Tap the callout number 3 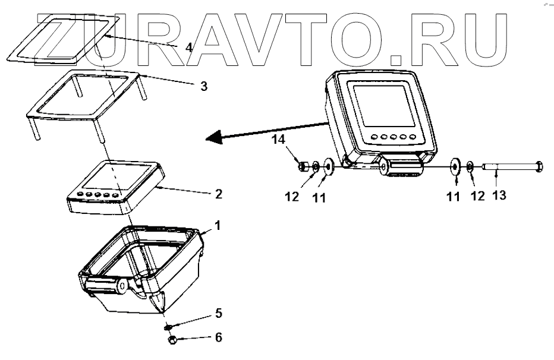pyautogui.click(x=204, y=86)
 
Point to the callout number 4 pyautogui.click(x=188, y=47)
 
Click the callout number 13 pyautogui.click(x=499, y=194)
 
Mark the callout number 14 pyautogui.click(x=278, y=141)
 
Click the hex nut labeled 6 pyautogui.click(x=172, y=339)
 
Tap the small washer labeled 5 pyautogui.click(x=169, y=326)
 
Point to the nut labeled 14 pyautogui.click(x=303, y=166)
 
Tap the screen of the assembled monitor pyautogui.click(x=381, y=105)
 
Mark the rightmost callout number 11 pyautogui.click(x=454, y=197)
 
